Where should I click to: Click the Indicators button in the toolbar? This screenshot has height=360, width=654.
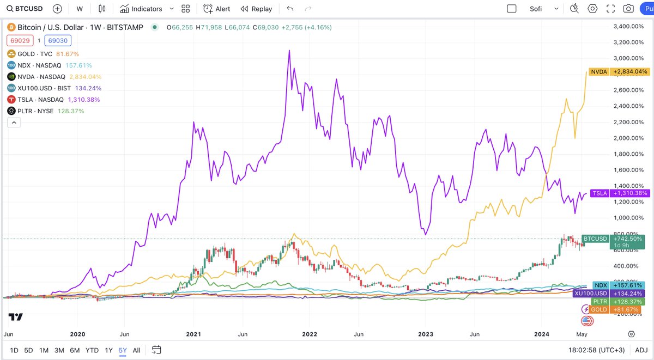[141, 9]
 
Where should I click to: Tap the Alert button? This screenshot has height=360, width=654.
[216, 9]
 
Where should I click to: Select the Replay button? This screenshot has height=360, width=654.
[256, 9]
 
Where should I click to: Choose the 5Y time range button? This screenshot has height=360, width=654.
[123, 350]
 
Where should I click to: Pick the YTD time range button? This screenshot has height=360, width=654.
[92, 350]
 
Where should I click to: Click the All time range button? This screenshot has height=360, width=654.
[137, 350]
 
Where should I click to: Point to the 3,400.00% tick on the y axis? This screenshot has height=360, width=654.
[628, 26]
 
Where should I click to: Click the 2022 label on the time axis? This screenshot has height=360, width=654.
[310, 334]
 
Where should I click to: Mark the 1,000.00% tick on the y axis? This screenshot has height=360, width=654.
[628, 218]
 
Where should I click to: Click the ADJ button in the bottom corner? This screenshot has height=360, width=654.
[641, 350]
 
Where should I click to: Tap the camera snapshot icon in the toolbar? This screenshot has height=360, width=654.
[628, 9]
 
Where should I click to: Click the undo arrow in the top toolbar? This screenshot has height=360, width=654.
[290, 9]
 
